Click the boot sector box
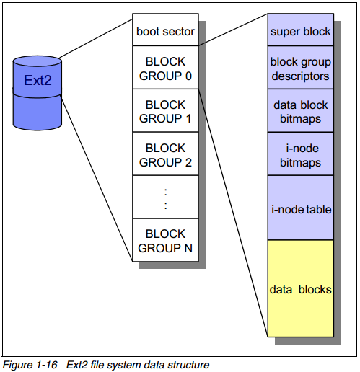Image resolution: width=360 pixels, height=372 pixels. (165, 30)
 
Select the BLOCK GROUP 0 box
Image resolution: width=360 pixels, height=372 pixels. (165, 67)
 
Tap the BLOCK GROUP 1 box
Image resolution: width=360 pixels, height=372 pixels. (165, 110)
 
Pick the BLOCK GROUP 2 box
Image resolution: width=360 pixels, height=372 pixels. (165, 154)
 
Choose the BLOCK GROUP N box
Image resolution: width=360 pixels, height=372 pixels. (165, 240)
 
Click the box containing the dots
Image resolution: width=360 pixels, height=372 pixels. (165, 197)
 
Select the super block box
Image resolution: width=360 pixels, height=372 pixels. (301, 30)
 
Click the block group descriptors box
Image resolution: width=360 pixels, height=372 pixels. (301, 67)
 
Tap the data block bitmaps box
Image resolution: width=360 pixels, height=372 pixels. (301, 110)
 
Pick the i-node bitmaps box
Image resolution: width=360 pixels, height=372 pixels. (301, 154)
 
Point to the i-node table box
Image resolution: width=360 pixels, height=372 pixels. (301, 208)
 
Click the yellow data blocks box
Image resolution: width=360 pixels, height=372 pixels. (301, 288)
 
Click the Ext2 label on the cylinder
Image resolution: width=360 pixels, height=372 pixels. (38, 80)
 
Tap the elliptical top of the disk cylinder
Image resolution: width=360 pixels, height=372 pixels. (38, 61)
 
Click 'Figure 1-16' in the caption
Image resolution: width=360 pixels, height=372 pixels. (30, 365)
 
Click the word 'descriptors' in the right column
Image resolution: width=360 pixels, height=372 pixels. (300, 76)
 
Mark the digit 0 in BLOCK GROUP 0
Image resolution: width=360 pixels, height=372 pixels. (188, 76)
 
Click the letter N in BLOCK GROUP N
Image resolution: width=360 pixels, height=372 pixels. (188, 248)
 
